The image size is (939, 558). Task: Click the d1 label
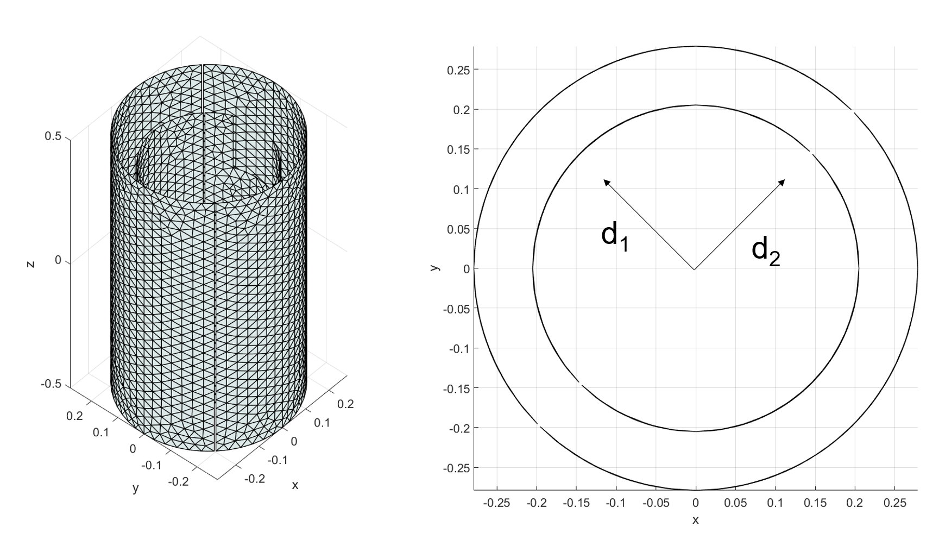pyautogui.click(x=615, y=237)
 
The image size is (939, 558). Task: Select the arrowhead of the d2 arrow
pyautogui.click(x=782, y=183)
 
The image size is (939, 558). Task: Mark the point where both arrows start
pyautogui.click(x=694, y=269)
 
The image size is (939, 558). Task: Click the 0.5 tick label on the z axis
pyautogui.click(x=53, y=136)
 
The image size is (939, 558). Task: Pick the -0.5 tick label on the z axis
pyautogui.click(x=51, y=384)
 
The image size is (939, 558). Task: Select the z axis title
pyautogui.click(x=30, y=264)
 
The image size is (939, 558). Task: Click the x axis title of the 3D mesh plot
pyautogui.click(x=295, y=485)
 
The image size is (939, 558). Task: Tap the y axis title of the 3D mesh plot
pyautogui.click(x=136, y=488)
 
